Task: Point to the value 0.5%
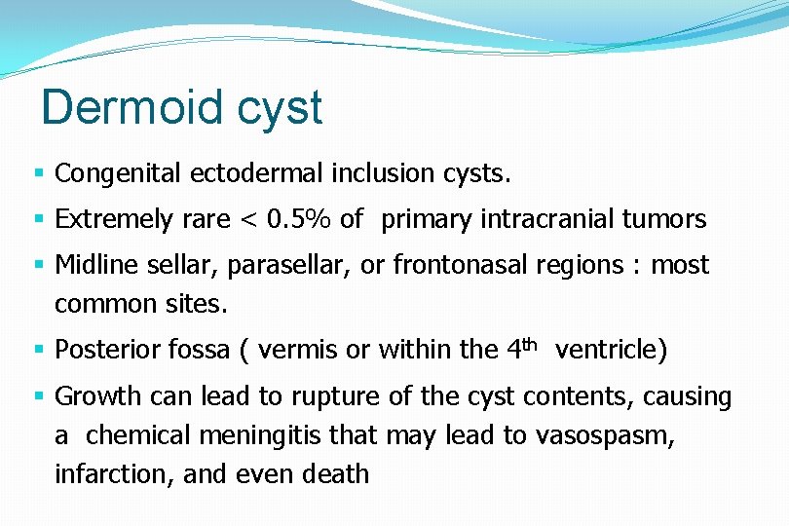pos(296,219)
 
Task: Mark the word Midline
pos(96,265)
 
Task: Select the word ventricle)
pos(611,350)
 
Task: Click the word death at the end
pos(336,474)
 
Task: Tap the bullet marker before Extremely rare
pos(40,220)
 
